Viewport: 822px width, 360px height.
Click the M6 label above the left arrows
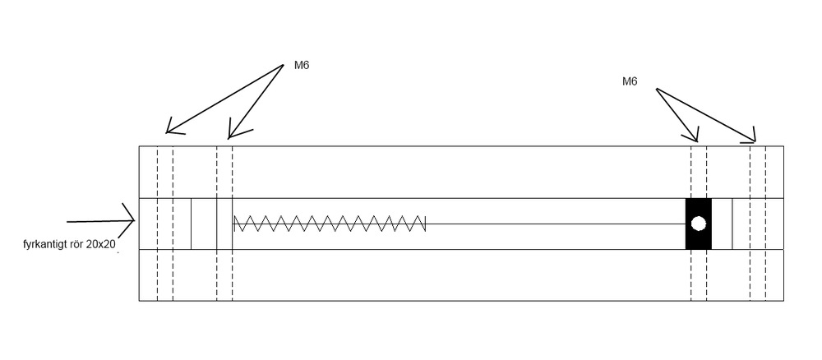302,66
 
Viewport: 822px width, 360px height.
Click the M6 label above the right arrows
630,81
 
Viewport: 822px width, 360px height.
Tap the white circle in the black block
698,224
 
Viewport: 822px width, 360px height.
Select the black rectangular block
698,224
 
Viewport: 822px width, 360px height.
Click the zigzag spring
330,224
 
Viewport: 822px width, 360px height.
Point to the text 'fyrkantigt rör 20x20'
69,244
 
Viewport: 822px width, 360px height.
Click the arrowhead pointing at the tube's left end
129,220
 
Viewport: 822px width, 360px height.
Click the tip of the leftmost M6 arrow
166,132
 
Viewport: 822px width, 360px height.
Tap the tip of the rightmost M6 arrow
755,141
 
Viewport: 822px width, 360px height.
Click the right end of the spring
425,224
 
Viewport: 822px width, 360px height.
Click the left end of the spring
234,224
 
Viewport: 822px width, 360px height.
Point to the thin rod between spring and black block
556,224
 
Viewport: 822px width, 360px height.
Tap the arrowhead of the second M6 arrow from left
229,138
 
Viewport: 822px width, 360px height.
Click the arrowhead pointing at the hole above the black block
697,141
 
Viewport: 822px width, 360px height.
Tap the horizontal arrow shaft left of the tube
100,221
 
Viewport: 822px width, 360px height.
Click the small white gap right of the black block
722,224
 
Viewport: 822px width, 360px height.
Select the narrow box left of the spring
204,224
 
